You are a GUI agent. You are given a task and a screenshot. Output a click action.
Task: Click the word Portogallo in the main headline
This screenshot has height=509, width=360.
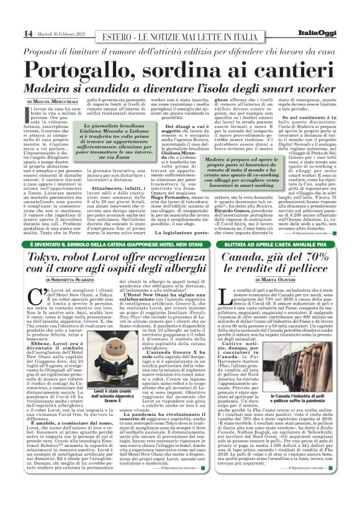(99, 69)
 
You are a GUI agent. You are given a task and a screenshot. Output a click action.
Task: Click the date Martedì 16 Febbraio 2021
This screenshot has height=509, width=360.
(65, 33)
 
